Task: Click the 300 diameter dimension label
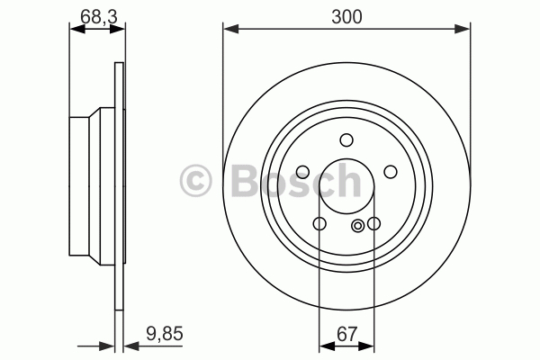pyautogui.click(x=346, y=17)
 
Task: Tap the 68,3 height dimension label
pyautogui.click(x=99, y=17)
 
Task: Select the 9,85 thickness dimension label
pyautogui.click(x=165, y=334)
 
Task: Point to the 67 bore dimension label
pyautogui.click(x=347, y=334)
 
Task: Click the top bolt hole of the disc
pyautogui.click(x=346, y=140)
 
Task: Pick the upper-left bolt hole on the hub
pyautogui.click(x=302, y=172)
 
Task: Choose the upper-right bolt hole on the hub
pyautogui.click(x=391, y=172)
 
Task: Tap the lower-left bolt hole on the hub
pyautogui.click(x=319, y=223)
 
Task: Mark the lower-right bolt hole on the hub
pyautogui.click(x=373, y=223)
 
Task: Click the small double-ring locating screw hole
pyautogui.click(x=358, y=226)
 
